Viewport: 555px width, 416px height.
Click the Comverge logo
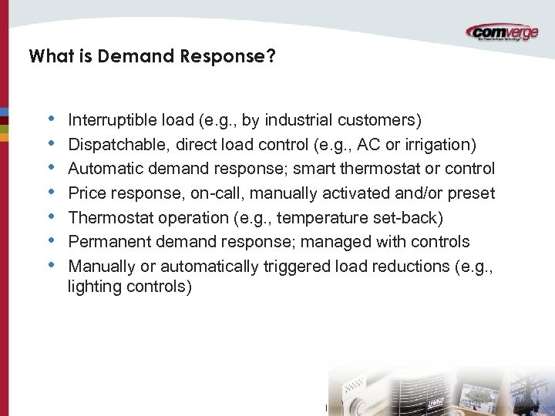pos(503,32)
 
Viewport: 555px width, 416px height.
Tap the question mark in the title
pos(271,56)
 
